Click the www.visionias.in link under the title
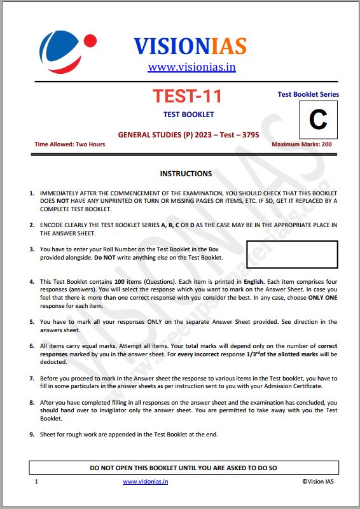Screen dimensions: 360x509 [191, 67]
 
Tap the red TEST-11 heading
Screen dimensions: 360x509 [187, 97]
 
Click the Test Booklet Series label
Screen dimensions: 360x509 [308, 94]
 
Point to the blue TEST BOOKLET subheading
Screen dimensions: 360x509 [188, 115]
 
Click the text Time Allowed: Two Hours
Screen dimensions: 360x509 [70, 144]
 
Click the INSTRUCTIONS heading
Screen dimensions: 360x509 [186, 174]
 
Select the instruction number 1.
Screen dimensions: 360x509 [32, 192]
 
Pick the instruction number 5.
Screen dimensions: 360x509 [32, 323]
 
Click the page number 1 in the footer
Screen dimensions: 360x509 [37, 482]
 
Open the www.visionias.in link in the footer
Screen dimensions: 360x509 [146, 482]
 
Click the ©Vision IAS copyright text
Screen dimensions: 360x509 [317, 482]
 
